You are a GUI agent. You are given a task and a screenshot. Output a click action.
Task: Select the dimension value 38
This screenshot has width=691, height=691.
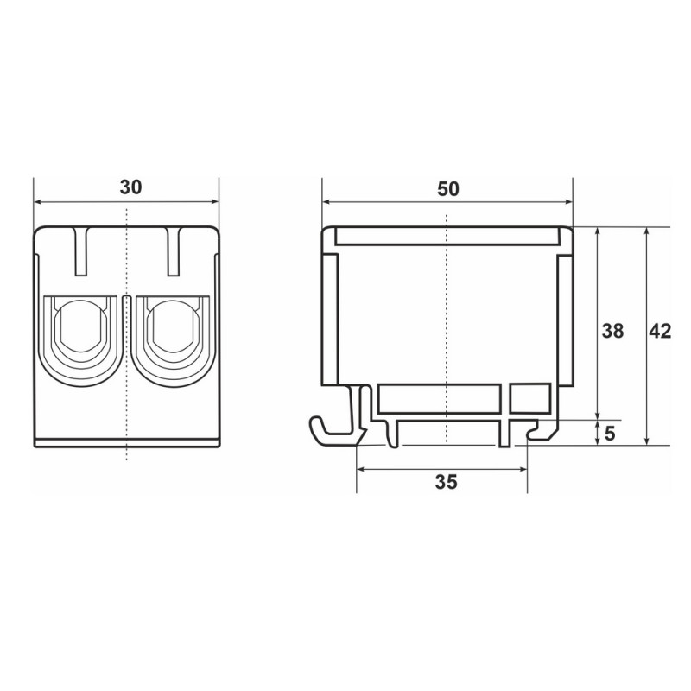click(612, 331)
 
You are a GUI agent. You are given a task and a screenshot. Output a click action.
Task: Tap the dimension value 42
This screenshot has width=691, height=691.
click(661, 331)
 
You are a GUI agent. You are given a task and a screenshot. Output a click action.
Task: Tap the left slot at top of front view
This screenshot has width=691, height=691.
click(81, 251)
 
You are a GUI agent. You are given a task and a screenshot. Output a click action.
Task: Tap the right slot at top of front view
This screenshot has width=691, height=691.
click(174, 251)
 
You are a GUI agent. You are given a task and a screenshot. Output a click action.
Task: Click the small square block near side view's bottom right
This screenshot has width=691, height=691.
click(530, 398)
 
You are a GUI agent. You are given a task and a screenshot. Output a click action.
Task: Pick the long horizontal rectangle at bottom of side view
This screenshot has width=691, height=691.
click(439, 398)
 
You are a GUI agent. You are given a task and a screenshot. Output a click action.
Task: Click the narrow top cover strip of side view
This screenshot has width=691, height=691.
click(447, 235)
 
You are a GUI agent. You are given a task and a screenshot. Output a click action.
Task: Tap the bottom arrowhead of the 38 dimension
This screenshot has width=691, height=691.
click(598, 415)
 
